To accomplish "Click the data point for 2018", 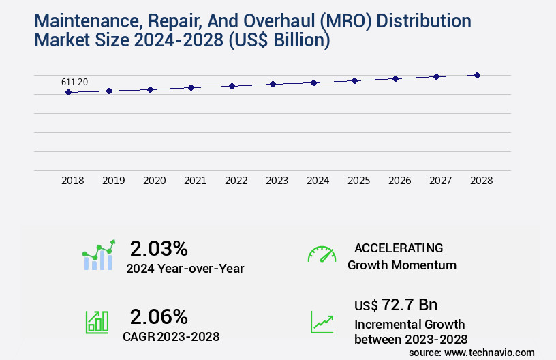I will (x=68, y=92).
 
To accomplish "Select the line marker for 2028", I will (x=477, y=75).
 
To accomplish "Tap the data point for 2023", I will (x=273, y=84).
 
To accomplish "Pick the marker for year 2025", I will (x=354, y=80).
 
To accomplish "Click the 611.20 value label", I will (x=74, y=82).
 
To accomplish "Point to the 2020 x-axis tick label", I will (x=154, y=181).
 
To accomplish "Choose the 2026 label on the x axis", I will (x=399, y=181).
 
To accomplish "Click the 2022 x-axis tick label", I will (x=236, y=181).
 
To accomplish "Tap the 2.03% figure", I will (x=159, y=247).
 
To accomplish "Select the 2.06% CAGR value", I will (x=159, y=316).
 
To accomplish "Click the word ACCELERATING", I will (x=399, y=247).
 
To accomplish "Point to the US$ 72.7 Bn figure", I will (x=396, y=305).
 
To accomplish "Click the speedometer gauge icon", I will (x=322, y=254).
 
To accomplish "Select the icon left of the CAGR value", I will (x=97, y=322).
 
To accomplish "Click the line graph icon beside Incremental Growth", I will (x=322, y=322).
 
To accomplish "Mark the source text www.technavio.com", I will (x=491, y=352).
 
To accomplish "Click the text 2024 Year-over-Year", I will (x=185, y=269).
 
